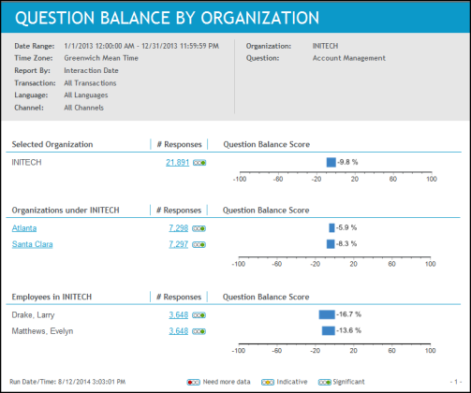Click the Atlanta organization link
tap(24, 228)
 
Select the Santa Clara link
tap(32, 244)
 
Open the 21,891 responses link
tap(177, 163)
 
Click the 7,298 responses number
tap(178, 228)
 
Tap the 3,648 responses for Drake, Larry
tap(178, 315)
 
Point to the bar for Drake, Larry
tap(327, 314)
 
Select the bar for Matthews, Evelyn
tap(329, 330)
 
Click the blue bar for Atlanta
tap(331, 227)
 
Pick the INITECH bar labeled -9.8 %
tap(331, 162)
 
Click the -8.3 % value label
tap(346, 243)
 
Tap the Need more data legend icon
tap(194, 382)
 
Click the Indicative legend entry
tap(285, 382)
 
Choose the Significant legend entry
tap(342, 382)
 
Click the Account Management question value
tap(349, 58)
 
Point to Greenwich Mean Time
tap(101, 58)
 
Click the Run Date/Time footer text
tap(67, 382)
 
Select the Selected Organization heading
tap(52, 144)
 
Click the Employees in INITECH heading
tap(52, 297)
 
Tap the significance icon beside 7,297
tap(199, 245)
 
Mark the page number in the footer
tap(456, 382)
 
